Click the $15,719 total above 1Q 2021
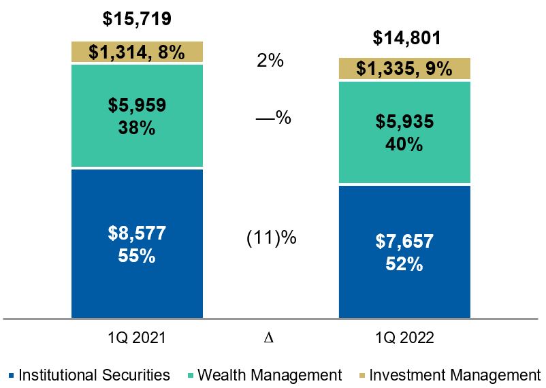tap(137, 18)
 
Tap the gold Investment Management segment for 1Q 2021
tap(137, 52)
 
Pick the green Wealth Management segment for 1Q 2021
tap(137, 116)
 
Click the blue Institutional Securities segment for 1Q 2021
tap(137, 243)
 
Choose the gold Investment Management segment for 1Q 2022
tap(404, 69)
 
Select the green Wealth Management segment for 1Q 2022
tap(404, 133)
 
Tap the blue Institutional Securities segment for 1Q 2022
tap(404, 252)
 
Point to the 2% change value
tap(270, 61)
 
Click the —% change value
tap(273, 118)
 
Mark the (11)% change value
tap(270, 239)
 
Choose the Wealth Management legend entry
tap(266, 375)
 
